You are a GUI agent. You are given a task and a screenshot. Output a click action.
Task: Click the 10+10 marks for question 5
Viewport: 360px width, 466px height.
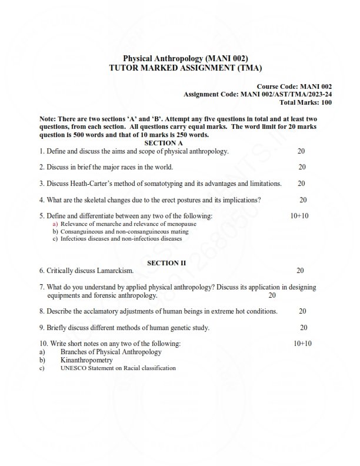299,216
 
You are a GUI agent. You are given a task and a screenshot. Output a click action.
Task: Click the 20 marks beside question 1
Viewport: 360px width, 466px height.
301,151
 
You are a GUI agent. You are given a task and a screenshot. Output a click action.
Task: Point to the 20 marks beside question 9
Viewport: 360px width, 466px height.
304,327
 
